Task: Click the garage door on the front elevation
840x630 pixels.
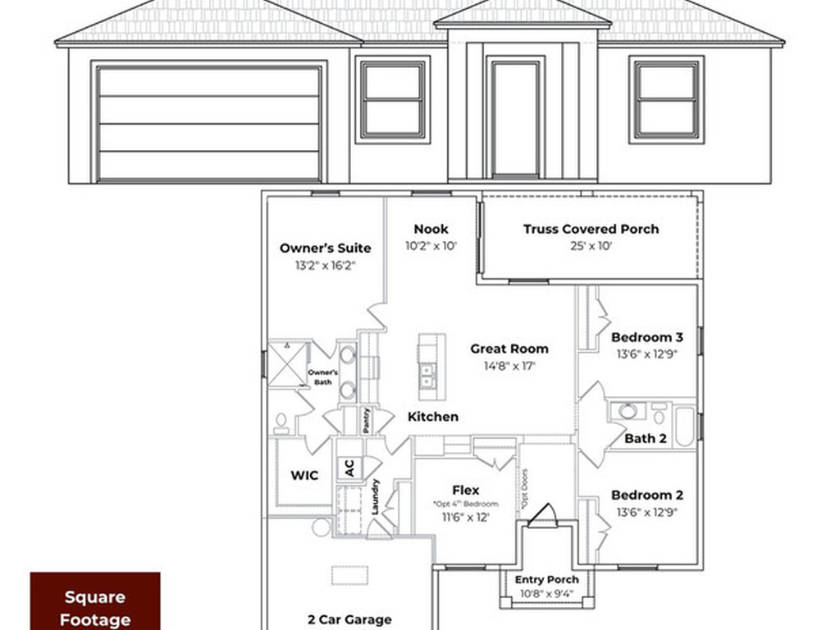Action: coord(208,123)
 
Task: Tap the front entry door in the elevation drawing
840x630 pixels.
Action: coord(515,117)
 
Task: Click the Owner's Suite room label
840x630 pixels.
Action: coord(325,248)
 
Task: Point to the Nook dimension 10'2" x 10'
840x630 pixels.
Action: coord(431,245)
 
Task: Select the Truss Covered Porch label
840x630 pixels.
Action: coord(591,229)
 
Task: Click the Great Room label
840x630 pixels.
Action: coord(509,349)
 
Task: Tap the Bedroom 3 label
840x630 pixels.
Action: coord(647,337)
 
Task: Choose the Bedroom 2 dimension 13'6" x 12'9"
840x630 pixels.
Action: coord(647,513)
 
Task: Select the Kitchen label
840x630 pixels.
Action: coord(433,417)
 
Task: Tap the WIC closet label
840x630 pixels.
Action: coord(304,475)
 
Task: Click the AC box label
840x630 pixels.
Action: coord(349,468)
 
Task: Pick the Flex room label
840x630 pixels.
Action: coord(465,490)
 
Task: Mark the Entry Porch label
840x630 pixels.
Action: coord(546,580)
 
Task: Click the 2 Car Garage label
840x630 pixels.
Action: coord(349,619)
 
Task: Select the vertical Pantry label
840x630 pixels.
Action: coord(367,420)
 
